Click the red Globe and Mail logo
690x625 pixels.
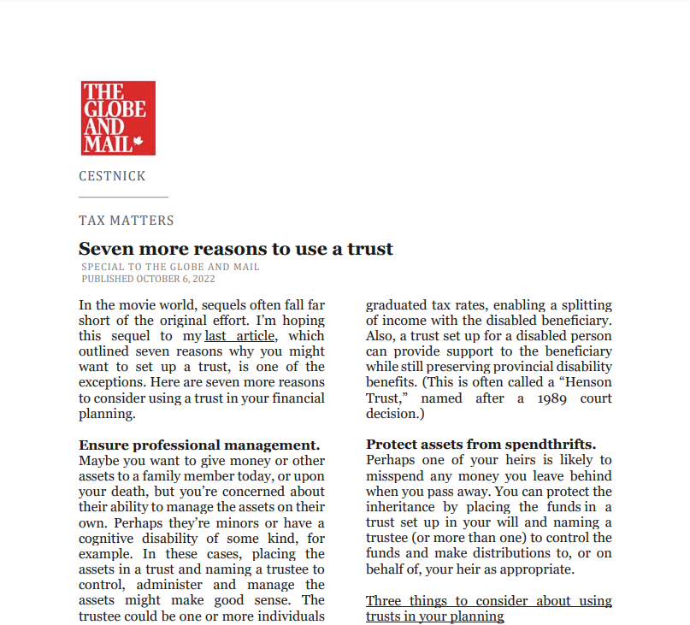coord(118,118)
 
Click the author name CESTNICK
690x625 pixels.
coord(112,176)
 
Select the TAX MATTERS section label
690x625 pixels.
coord(127,221)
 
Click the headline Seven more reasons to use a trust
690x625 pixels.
coord(236,249)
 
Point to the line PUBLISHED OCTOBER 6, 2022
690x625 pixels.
coord(148,279)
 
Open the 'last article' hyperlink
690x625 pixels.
coord(239,336)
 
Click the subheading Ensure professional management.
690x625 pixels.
coord(199,445)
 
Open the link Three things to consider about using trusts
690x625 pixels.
coord(488,608)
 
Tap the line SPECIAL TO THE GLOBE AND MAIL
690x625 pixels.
coord(170,267)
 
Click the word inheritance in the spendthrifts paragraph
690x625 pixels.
coord(405,507)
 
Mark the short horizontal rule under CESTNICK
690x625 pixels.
coord(123,198)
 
